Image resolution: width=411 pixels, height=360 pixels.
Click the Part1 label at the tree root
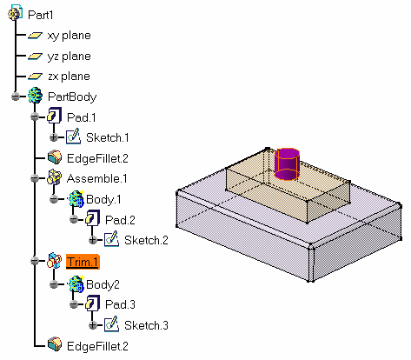40,15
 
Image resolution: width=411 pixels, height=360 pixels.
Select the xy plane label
69,36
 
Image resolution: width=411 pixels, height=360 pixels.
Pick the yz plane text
69,56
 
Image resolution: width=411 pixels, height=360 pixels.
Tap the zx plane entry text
69,77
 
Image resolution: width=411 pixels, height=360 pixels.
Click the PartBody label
72,97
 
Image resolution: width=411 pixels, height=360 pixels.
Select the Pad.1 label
81,117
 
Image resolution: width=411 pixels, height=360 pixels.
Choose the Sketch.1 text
108,137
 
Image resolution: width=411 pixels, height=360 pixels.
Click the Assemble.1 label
96,178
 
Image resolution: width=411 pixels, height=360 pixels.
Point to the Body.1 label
103,199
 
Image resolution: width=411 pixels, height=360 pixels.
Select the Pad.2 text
120,220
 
